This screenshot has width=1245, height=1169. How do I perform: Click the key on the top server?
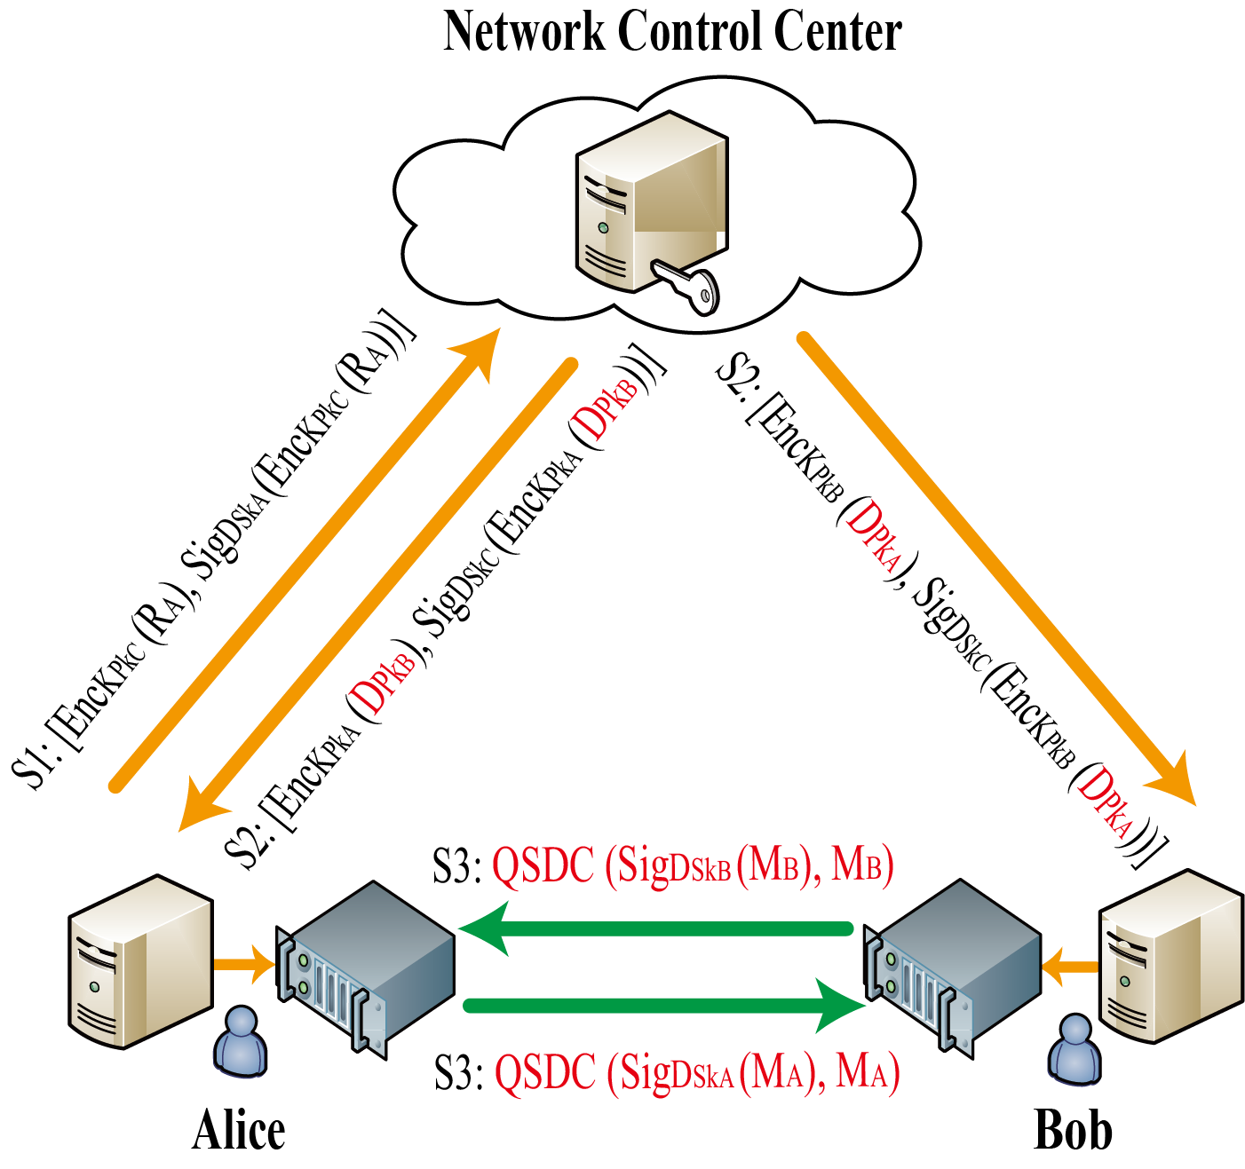689,283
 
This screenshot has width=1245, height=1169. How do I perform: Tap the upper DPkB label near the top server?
605,409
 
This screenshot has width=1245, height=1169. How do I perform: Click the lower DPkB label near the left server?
383,683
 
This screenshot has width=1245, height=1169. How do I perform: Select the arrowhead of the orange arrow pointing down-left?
200,808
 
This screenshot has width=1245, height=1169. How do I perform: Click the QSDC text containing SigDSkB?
692,865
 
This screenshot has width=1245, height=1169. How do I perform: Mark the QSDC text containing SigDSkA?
696,1072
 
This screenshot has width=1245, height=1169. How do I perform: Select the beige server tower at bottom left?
140,960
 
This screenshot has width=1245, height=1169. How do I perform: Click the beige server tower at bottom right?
1170,956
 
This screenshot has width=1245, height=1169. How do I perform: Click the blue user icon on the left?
240,1042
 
